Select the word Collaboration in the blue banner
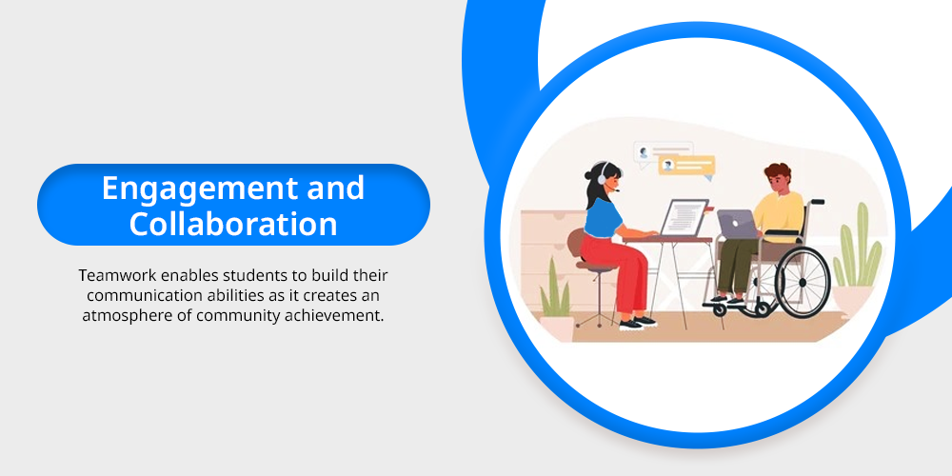coord(233,224)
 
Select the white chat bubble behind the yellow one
coord(662,150)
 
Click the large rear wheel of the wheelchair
coord(803,283)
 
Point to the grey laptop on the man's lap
coord(737,224)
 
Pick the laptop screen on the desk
coord(684,217)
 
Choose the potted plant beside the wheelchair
coord(857,262)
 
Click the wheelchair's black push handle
coord(817,201)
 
